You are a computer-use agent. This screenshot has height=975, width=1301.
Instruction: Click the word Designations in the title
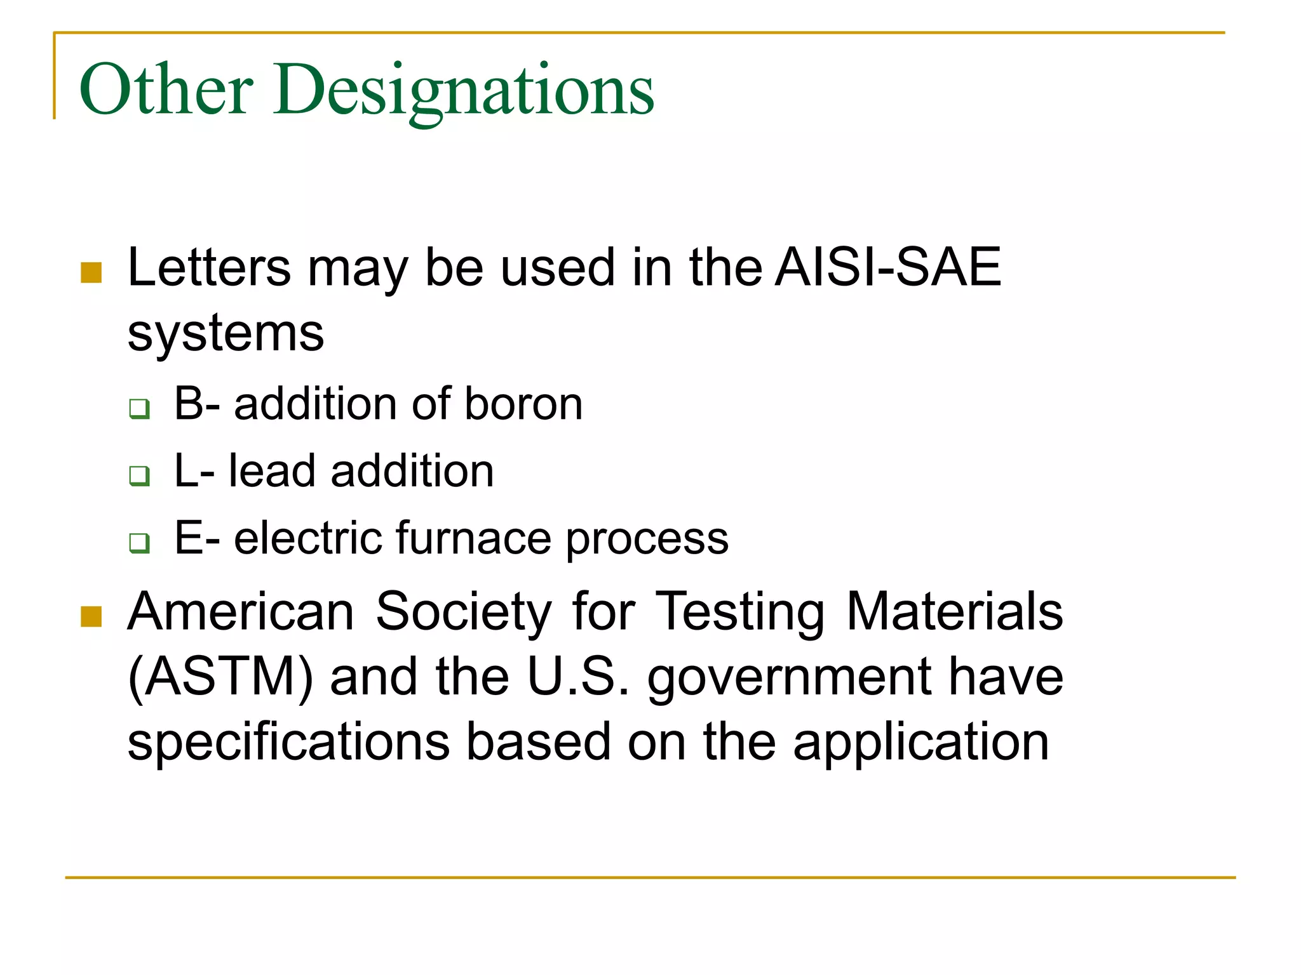[x=464, y=90]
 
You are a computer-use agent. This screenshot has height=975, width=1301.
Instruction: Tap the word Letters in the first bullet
[x=210, y=268]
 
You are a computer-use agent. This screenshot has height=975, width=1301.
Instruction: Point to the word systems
[x=226, y=333]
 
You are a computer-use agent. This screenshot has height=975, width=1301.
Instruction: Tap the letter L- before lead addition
[x=194, y=471]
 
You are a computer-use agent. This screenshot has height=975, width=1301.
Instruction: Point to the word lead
[x=272, y=471]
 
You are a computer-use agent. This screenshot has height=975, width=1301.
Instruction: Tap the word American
[x=241, y=611]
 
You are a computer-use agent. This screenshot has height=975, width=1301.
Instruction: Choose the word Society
[x=464, y=611]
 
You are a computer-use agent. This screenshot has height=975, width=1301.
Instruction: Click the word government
[x=790, y=678]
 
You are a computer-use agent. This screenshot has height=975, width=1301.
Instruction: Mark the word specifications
[x=289, y=742]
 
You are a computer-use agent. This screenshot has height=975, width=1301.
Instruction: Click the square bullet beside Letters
[x=91, y=272]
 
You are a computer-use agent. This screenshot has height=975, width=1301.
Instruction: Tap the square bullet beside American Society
[x=91, y=616]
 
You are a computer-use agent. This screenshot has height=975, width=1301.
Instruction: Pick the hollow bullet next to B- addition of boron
[x=139, y=408]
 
